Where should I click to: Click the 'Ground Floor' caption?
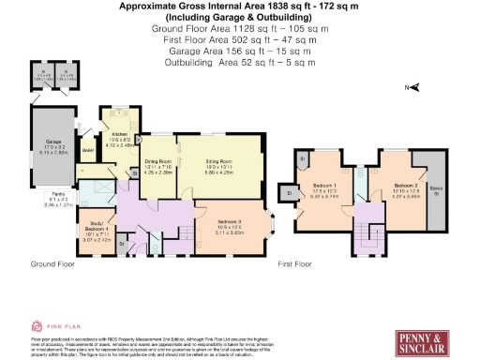pos(52,265)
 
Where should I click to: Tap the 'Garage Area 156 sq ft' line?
pos(239,52)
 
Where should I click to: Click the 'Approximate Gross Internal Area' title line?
pos(239,7)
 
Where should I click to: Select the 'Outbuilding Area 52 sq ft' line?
pos(239,63)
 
